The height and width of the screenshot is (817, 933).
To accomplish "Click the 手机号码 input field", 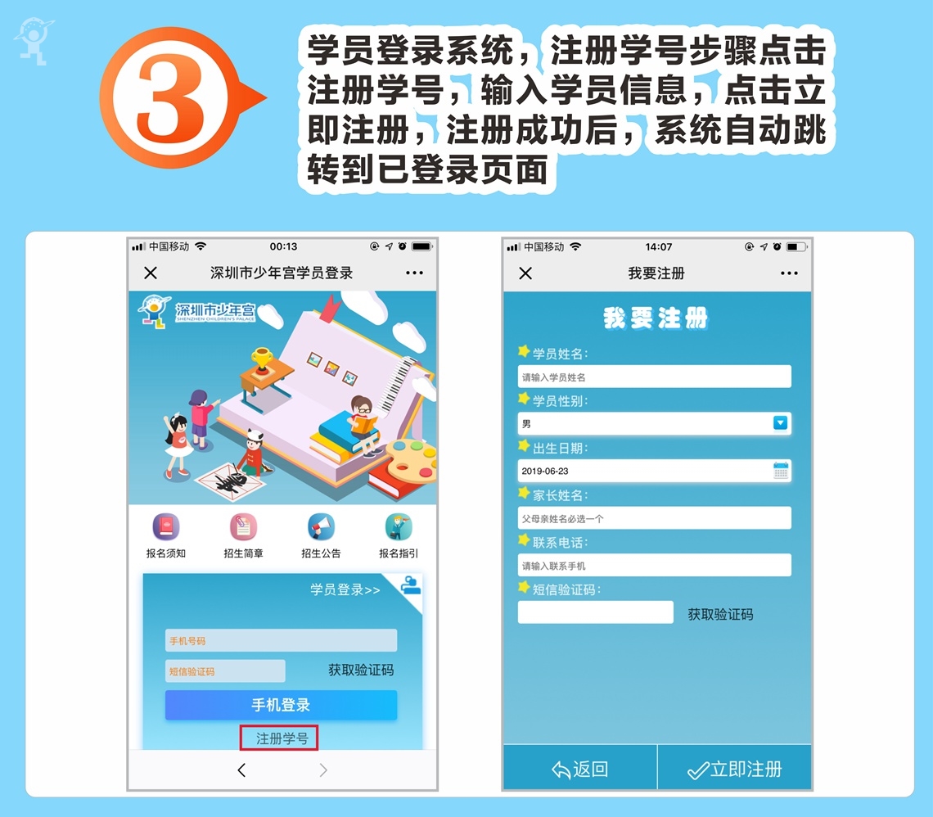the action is point(281,640).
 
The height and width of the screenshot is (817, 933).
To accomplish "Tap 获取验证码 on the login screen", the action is point(361,670).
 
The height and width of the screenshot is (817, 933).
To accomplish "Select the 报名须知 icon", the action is point(166,526).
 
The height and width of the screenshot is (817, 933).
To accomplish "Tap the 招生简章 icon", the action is point(243,526).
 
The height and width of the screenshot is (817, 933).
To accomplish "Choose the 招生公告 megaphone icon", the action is point(322,526).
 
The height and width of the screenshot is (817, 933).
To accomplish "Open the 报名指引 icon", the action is point(399,526).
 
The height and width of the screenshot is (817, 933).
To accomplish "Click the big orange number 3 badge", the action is point(173,97).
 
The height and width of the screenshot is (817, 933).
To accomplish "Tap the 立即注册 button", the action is point(735,769).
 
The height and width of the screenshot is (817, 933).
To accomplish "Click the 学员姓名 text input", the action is point(655,377).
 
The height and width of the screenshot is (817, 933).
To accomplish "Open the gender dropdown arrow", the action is point(780,423).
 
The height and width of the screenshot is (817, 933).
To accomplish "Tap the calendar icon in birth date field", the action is point(781,471).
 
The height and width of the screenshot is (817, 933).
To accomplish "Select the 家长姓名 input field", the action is point(655,518).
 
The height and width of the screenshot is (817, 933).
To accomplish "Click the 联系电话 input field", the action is point(655,566).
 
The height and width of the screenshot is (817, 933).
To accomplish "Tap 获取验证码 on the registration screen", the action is point(720,614).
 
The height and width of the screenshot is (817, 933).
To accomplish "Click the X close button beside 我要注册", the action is point(525,273).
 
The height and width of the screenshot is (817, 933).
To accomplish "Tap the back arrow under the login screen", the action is point(241,770).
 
